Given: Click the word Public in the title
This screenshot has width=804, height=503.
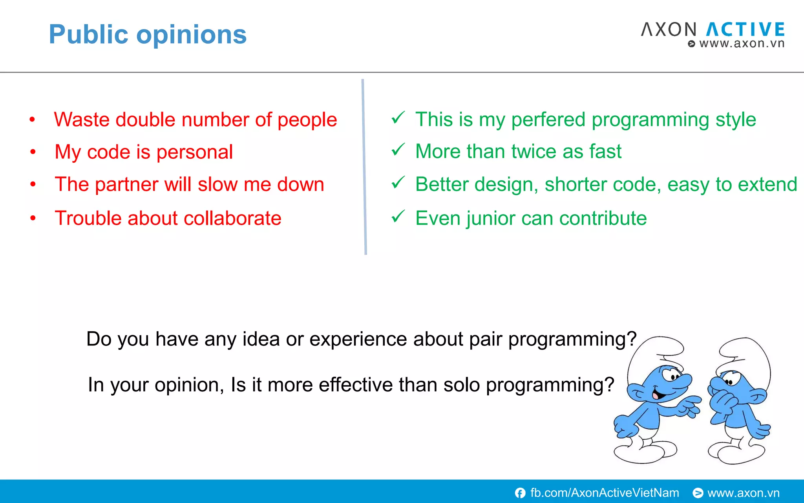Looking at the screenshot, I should click(x=88, y=35).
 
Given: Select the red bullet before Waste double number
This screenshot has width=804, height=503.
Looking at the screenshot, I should click(x=33, y=119).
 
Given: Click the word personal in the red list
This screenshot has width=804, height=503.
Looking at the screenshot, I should click(x=194, y=152).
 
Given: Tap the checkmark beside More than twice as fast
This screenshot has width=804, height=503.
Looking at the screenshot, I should click(x=398, y=150).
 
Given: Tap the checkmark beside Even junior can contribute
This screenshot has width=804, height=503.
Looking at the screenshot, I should click(x=398, y=216).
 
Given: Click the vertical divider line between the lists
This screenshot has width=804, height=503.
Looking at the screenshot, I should click(x=364, y=167).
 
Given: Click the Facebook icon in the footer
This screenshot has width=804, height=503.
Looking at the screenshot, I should click(x=520, y=493).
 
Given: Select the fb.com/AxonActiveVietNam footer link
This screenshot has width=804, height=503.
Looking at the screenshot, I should click(x=604, y=493).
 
